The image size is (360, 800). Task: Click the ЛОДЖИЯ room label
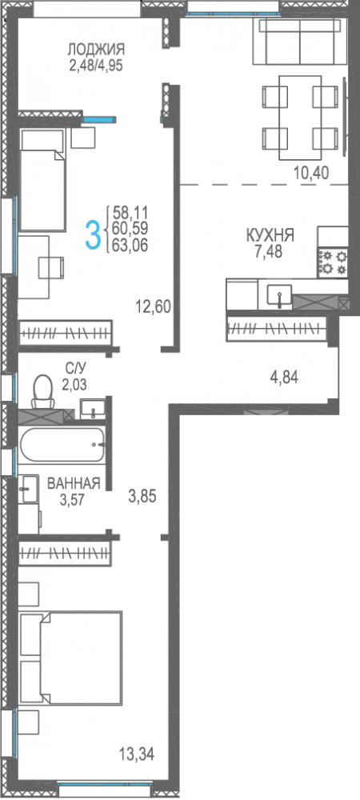point(96,50)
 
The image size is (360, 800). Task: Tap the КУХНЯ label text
point(270,236)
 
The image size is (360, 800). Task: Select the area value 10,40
point(311,174)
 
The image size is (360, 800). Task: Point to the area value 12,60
point(153,307)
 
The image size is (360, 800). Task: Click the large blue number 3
point(92,234)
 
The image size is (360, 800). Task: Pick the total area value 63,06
point(130,246)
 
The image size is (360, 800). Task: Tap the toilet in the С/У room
point(42,391)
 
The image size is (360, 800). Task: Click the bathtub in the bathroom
point(62,445)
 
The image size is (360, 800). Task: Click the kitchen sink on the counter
point(279,296)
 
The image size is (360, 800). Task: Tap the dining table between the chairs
point(300,118)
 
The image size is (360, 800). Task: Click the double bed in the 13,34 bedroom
point(70,657)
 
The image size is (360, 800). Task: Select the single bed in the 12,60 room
point(42,179)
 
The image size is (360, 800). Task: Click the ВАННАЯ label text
point(74,484)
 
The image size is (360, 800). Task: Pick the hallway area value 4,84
point(283,378)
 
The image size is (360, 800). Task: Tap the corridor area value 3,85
point(142,496)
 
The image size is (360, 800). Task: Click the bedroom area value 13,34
point(136,753)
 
